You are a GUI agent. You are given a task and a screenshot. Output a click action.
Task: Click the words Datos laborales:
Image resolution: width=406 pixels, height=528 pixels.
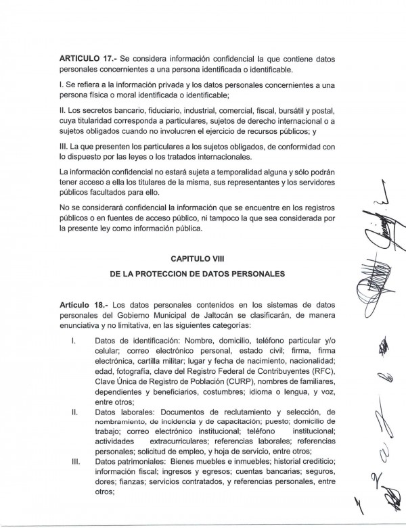126,412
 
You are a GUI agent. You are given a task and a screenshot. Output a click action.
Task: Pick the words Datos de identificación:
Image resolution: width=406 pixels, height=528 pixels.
139,342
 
